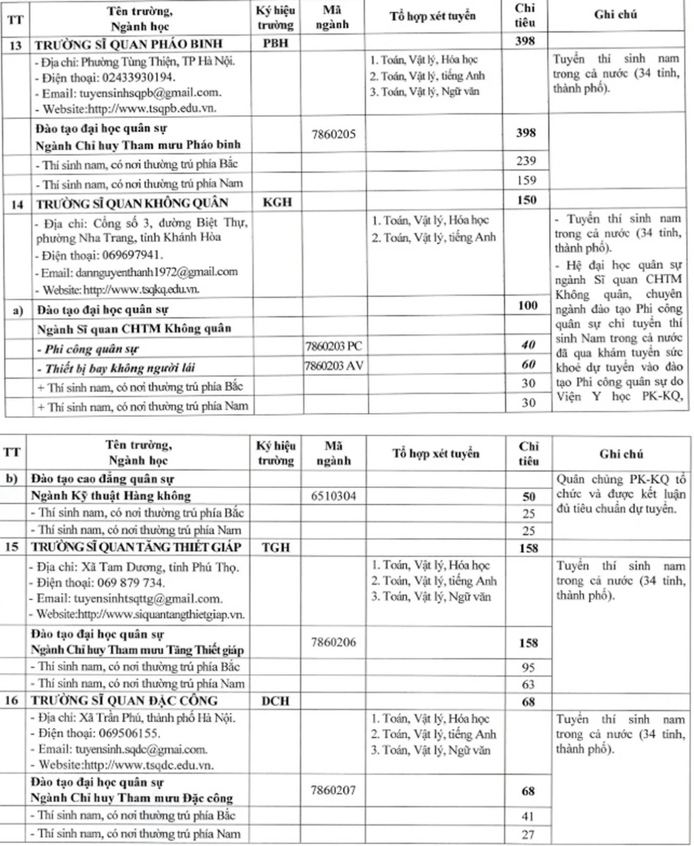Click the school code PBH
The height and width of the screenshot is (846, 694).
pos(275,43)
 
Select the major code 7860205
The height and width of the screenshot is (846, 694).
pos(333,134)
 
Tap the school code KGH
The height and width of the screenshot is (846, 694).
pos(277,202)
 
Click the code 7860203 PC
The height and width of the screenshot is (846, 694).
pos(333,346)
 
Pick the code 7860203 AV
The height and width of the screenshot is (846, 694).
pos(334,366)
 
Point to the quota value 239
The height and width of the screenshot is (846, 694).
pos(526,161)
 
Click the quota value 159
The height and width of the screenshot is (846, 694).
pos(526,180)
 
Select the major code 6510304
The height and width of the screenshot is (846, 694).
pos(333,496)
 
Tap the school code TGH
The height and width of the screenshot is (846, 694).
pos(276,547)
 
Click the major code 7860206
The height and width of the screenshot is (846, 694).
pos(333,642)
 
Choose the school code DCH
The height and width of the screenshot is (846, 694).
pos(276,701)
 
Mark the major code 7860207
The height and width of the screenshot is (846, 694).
pos(333,790)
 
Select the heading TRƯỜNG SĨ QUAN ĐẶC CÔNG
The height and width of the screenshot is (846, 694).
pos(124,701)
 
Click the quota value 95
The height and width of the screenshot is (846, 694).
pos(528,667)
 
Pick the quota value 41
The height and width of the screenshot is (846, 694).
pos(528,817)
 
